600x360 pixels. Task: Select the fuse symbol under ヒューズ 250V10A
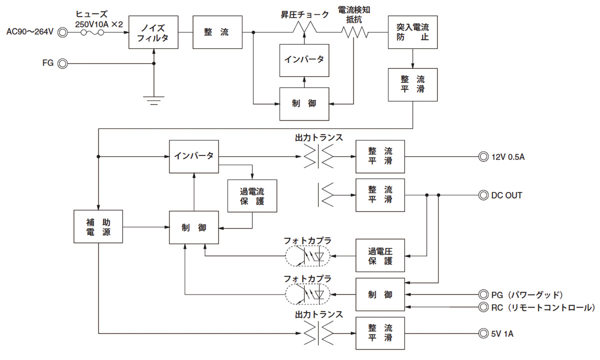[92, 32]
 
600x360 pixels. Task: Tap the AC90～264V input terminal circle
[63, 32]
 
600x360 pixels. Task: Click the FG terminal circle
[63, 63]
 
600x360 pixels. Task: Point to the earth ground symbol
[153, 99]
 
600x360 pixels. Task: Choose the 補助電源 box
[98, 227]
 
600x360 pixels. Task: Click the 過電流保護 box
[252, 195]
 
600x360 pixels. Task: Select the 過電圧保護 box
[380, 256]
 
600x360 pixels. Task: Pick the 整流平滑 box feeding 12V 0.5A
[380, 156]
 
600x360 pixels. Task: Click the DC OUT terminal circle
[483, 195]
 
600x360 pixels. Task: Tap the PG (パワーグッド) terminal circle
[483, 294]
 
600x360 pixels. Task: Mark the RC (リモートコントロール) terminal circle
[483, 306]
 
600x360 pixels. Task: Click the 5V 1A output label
[502, 333]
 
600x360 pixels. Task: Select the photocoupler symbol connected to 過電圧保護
[307, 256]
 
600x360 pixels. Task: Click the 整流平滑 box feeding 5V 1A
[380, 333]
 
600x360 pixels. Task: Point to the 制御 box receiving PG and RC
[380, 294]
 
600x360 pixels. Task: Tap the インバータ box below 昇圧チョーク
[304, 60]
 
